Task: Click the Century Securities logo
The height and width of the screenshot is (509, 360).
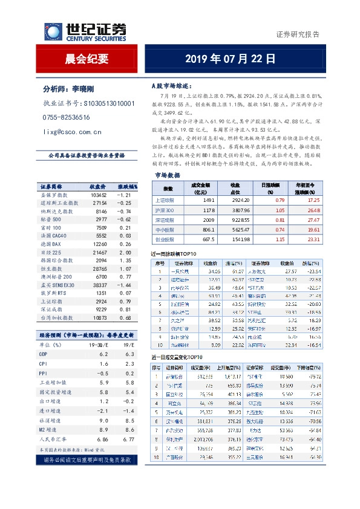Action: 85,31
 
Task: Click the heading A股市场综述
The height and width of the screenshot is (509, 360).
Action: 171,86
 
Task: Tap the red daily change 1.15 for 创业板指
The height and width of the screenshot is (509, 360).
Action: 263,239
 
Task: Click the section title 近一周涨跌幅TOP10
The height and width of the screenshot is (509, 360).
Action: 175,254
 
